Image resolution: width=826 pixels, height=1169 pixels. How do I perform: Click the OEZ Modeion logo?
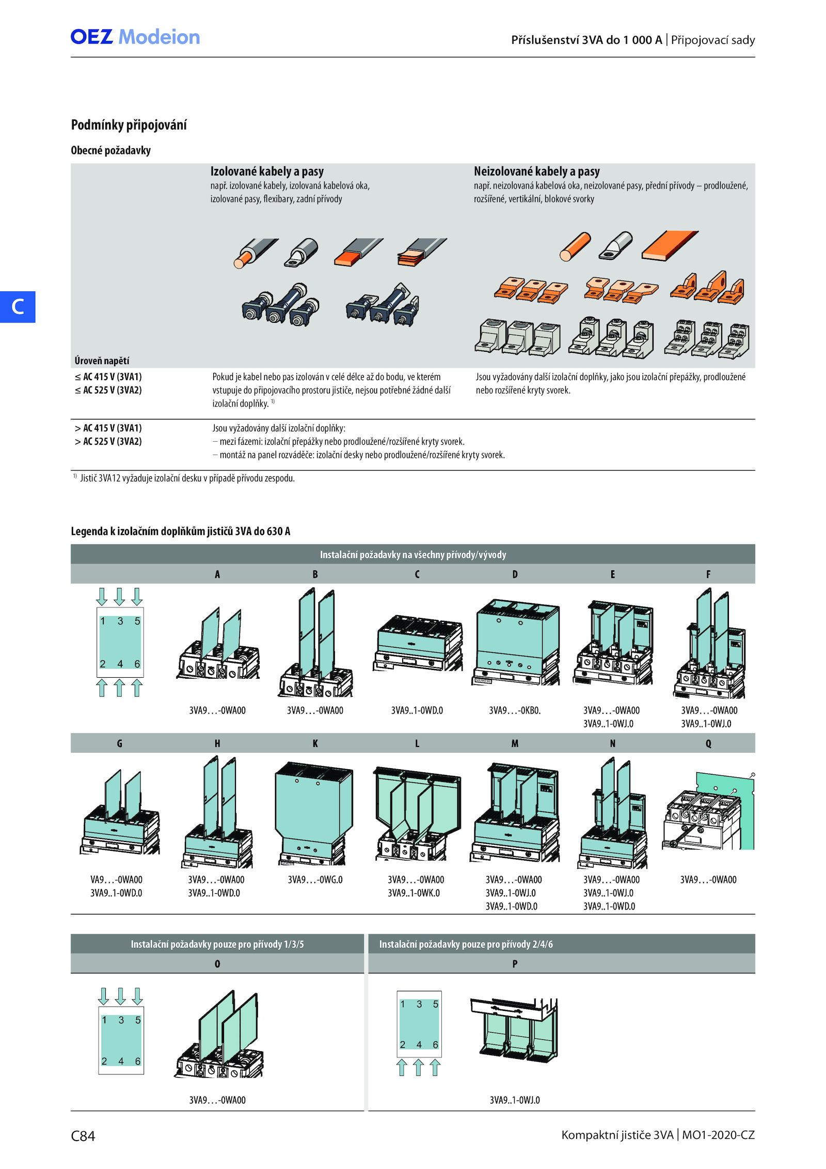[135, 37]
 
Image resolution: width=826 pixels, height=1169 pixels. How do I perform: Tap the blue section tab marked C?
[18, 307]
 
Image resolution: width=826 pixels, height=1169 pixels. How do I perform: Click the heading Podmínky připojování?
[129, 125]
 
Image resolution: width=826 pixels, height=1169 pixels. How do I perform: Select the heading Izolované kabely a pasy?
[267, 172]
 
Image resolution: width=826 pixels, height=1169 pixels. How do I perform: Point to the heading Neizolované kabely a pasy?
[537, 172]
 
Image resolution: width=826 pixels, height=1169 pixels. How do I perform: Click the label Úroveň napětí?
[102, 361]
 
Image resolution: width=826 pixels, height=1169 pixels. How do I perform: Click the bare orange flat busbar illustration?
[670, 245]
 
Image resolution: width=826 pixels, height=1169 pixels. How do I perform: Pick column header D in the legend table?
[515, 574]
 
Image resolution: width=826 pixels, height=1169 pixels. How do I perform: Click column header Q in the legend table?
[708, 744]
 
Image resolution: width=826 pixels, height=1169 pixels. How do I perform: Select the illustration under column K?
[314, 813]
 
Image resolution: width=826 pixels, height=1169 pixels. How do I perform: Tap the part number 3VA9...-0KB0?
[515, 711]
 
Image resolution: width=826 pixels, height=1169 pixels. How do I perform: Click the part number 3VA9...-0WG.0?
[315, 880]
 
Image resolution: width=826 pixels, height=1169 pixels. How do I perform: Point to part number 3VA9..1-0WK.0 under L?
[414, 893]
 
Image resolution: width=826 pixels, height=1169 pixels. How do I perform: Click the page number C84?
[83, 1136]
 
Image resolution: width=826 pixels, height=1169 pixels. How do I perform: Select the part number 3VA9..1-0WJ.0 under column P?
[515, 1100]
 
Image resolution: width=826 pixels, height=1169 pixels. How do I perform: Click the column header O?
[217, 964]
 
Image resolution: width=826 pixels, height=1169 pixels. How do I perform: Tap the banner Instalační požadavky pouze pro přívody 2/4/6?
[466, 944]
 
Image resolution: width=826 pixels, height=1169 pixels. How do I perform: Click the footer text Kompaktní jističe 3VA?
[617, 1135]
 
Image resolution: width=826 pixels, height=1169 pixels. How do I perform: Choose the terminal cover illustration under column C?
[418, 643]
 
